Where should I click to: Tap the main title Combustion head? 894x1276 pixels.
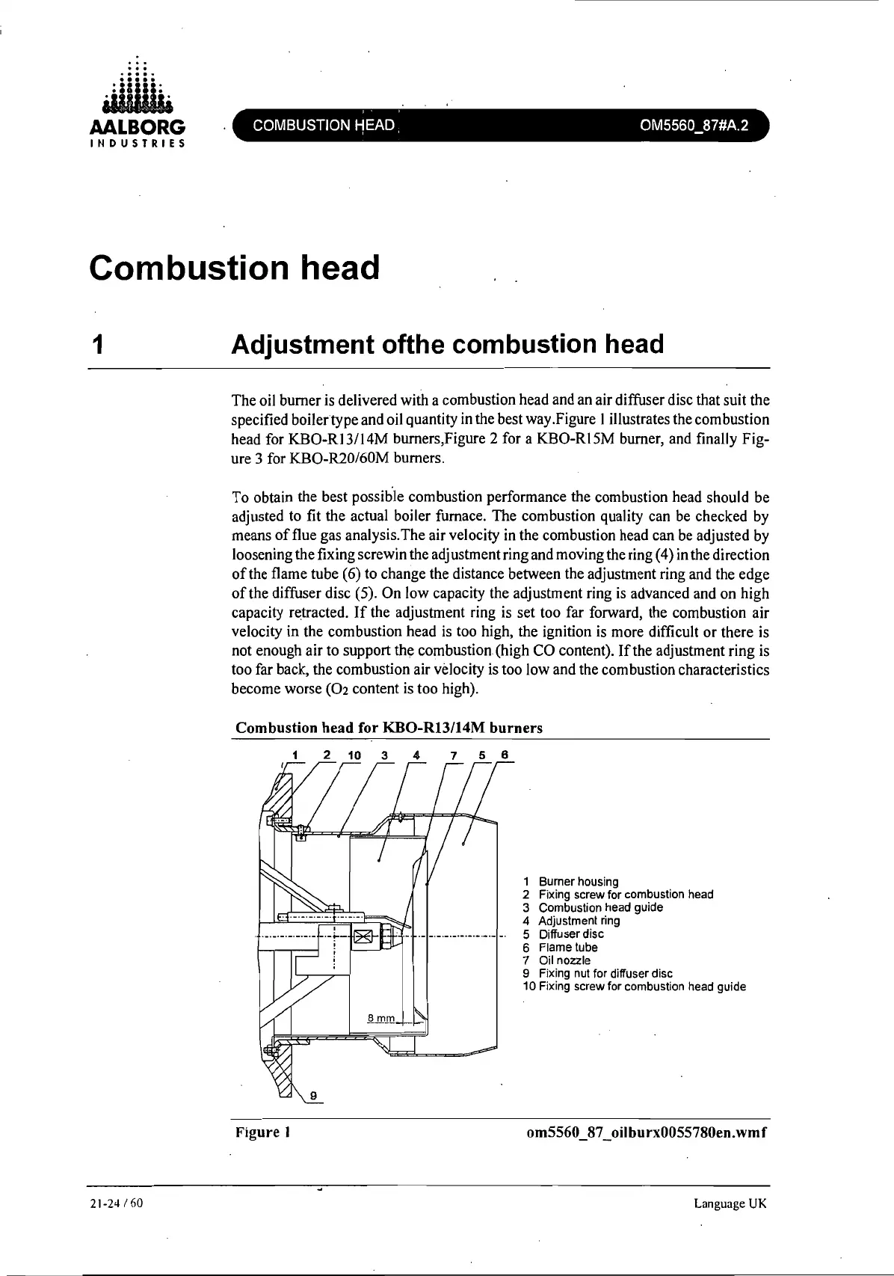235,268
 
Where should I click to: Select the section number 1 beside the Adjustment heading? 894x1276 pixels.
96,345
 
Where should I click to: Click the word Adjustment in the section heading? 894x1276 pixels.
303,345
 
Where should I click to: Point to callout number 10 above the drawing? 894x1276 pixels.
354,755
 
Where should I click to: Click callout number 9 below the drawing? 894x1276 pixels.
314,1096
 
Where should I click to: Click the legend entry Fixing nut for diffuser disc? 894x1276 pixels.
605,973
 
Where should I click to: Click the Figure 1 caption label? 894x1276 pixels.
262,1132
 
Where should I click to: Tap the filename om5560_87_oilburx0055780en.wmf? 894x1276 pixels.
647,1132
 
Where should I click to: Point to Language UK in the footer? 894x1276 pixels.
730,1203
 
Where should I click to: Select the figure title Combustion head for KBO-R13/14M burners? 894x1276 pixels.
389,728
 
